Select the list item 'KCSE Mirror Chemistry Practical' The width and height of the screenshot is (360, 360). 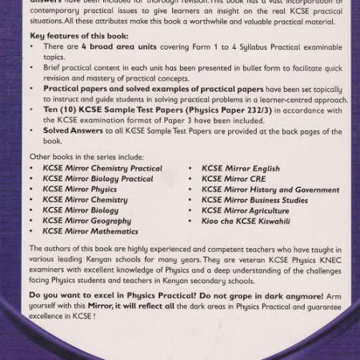pyautogui.click(x=102, y=169)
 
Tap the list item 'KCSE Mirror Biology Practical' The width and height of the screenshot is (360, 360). pyautogui.click(x=98, y=179)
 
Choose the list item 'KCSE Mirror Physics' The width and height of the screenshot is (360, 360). pyautogui.click(x=79, y=190)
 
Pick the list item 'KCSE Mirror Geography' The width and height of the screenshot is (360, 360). pyautogui.click(x=86, y=221)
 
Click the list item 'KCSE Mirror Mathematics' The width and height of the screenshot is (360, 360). pyautogui.click(x=90, y=231)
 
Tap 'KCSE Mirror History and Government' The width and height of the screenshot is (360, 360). pyautogui.click(x=270, y=190)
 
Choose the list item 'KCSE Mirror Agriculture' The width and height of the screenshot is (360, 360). pyautogui.click(x=244, y=210)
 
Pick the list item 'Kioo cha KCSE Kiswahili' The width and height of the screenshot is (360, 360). pyautogui.click(x=246, y=221)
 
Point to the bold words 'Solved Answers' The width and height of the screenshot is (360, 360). pyautogui.click(x=71, y=130)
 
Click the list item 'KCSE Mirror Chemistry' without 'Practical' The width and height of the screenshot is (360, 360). pyautogui.click(x=85, y=200)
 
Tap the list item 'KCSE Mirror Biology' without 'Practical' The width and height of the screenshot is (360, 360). pyautogui.click(x=80, y=210)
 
